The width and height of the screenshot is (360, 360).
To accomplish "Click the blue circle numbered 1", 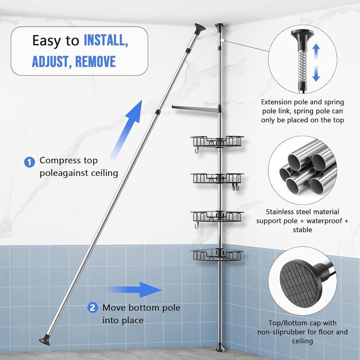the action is point(29,162).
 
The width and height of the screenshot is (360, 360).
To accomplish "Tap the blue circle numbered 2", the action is point(93,308).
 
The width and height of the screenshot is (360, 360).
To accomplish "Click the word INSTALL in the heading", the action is point(106,40).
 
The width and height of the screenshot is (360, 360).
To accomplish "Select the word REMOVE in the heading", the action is point(95,62).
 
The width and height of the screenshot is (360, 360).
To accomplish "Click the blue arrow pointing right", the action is point(135,290).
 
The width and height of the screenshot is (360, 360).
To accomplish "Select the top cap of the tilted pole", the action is point(200,28).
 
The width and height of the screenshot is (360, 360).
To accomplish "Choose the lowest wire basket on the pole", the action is point(217,255).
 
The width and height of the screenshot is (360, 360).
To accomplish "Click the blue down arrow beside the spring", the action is point(316,74).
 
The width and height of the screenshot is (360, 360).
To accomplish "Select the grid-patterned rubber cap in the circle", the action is point(300,284).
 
